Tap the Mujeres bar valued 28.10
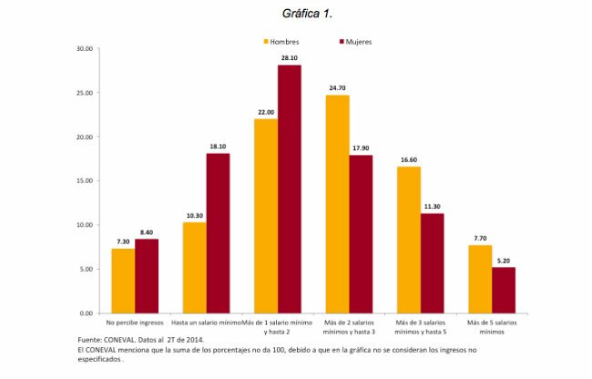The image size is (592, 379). point(290,189)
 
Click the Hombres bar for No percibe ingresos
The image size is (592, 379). point(123,281)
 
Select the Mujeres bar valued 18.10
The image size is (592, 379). point(218,232)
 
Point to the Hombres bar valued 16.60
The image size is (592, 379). point(408,240)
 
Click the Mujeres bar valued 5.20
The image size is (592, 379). point(504,290)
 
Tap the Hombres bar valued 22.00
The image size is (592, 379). point(266,215)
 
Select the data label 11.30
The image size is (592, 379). point(432,206)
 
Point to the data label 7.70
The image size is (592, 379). point(480,238)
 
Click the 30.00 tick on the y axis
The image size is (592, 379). point(84,48)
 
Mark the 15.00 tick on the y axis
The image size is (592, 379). point(84,180)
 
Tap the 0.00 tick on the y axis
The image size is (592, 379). point(86,312)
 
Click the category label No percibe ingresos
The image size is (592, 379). point(135,323)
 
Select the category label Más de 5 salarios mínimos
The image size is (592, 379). point(492,327)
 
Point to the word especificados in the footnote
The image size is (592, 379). point(100,358)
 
